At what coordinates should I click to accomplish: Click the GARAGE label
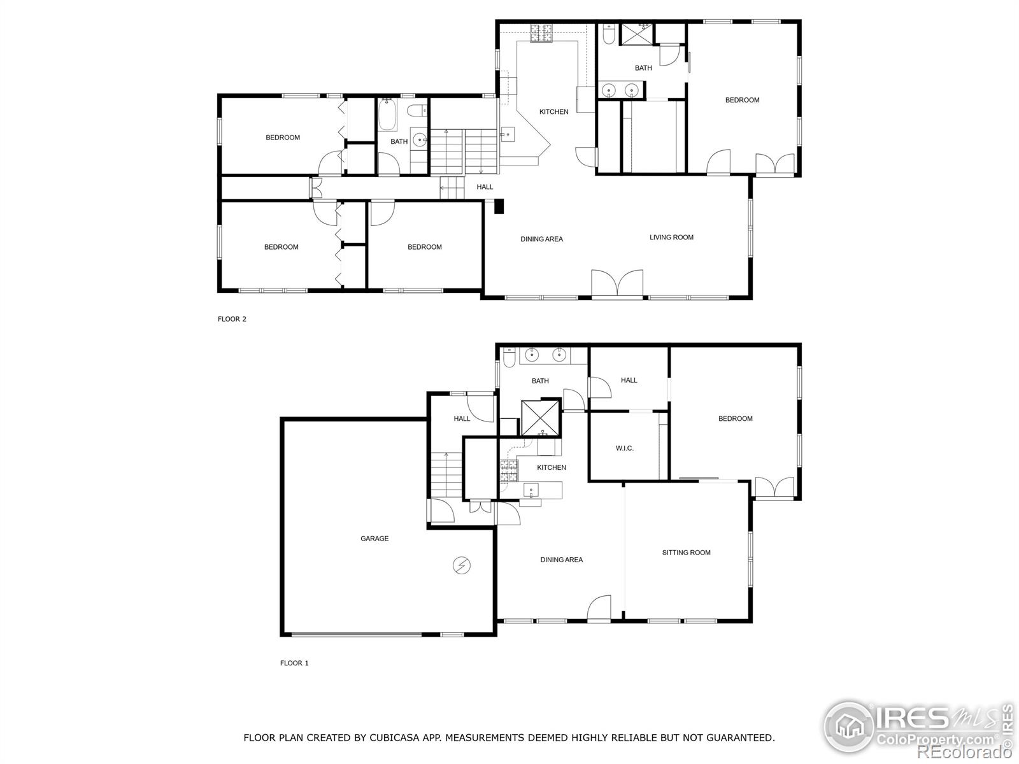374,539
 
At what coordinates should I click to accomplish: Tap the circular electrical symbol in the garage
462,565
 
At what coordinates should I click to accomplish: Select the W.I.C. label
624,448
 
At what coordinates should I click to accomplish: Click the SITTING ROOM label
686,553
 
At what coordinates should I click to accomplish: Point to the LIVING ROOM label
671,237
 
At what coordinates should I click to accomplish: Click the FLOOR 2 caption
232,319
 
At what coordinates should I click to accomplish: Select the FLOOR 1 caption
294,663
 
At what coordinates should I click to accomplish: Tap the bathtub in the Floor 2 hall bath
388,115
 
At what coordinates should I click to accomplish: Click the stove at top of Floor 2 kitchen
541,32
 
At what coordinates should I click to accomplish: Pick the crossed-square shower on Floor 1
540,418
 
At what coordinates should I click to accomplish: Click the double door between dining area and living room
617,283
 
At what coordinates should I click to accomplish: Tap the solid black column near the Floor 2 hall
499,206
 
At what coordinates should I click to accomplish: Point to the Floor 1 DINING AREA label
561,560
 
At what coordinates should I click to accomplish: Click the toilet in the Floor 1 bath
509,357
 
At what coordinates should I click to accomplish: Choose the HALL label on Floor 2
485,187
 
